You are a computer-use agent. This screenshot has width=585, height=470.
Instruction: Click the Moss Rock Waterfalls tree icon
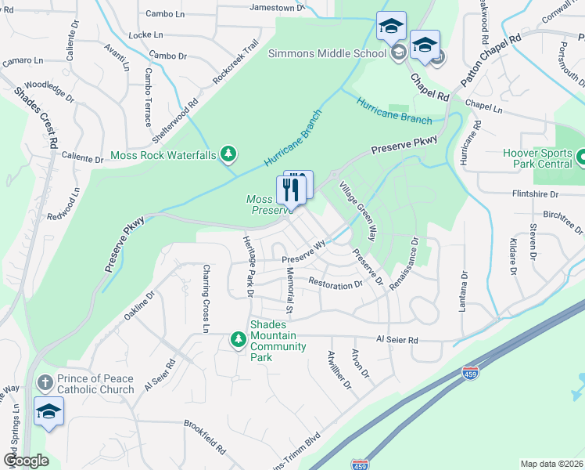(228, 154)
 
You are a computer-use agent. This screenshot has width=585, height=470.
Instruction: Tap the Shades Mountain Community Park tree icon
(239, 339)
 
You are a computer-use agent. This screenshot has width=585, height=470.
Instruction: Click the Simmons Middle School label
(327, 53)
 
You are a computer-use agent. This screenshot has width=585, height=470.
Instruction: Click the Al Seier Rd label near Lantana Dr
(397, 340)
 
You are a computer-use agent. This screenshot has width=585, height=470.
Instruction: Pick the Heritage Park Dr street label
(249, 266)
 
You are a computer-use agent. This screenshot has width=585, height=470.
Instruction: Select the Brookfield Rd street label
(205, 439)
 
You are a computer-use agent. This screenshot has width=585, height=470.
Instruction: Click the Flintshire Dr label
(535, 193)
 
